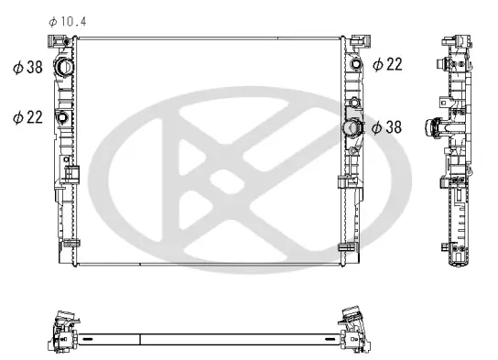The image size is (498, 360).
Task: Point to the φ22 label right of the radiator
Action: click(x=387, y=63)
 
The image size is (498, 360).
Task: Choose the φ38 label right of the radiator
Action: click(x=387, y=128)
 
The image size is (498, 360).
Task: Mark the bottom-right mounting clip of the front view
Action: click(x=345, y=247)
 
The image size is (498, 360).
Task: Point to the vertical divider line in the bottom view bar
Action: click(x=139, y=338)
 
